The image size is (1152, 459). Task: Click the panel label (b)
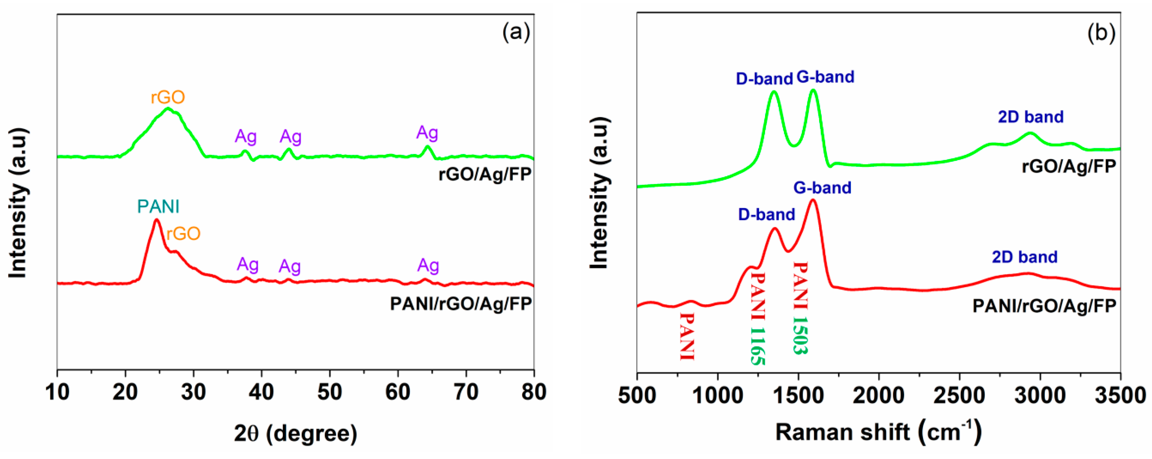click(x=1101, y=33)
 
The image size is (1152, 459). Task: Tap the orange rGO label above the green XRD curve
click(x=168, y=97)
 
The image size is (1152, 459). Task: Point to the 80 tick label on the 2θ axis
click(x=534, y=392)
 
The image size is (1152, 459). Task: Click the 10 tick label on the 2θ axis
click(x=57, y=392)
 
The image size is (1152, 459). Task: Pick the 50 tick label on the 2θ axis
click(x=330, y=392)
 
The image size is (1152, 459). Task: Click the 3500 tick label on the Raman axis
click(x=1120, y=395)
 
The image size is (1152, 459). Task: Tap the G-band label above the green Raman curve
click(x=825, y=77)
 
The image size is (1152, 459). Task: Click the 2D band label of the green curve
click(x=1030, y=117)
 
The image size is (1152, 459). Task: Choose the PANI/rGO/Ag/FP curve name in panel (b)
click(x=1044, y=306)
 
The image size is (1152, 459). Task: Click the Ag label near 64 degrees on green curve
click(x=427, y=133)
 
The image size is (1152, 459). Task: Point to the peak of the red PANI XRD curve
click(x=157, y=220)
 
